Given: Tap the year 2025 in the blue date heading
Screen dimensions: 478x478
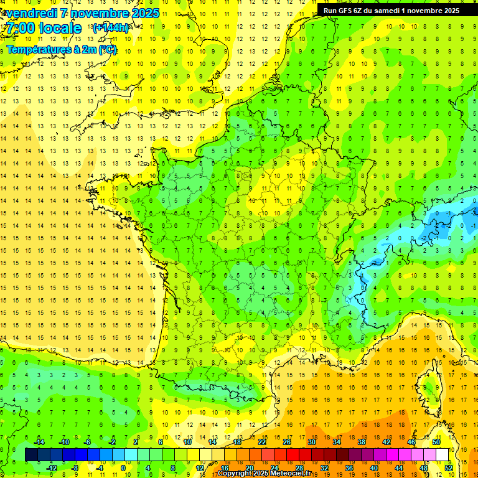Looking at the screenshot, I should pos(143,13).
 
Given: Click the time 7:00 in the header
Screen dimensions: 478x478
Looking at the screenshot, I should pos(23,28).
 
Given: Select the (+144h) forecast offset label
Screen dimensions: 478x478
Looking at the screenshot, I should pos(110,28).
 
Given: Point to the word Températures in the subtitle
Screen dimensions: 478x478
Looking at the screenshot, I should pos(33,49).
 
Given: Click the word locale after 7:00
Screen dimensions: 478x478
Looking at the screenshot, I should pos(59,28).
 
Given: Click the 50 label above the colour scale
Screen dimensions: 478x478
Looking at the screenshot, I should pos(436,442).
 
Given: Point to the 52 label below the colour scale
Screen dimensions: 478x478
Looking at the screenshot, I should pos(449,468).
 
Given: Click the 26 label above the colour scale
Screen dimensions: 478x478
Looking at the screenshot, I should pos(287,442).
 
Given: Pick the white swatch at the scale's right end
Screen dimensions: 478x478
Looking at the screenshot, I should pos(443,455).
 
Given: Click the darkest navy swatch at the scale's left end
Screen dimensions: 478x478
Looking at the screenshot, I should pos(31,455).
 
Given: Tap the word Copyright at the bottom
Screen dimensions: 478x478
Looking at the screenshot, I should pos(235,474).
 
